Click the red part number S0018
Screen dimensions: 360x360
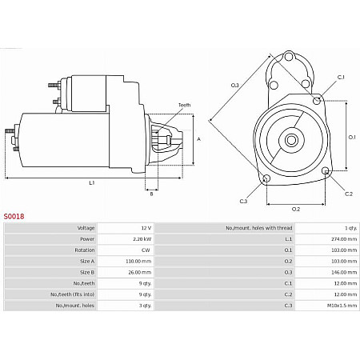click(14, 216)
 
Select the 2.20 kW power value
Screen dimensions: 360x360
click(142, 239)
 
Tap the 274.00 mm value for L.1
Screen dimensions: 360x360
click(344, 239)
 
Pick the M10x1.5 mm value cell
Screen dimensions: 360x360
click(342, 306)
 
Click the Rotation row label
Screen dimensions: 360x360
click(85, 250)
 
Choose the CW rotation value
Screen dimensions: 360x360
click(146, 250)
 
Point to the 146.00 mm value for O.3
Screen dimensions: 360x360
click(344, 272)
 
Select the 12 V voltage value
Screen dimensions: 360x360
click(146, 228)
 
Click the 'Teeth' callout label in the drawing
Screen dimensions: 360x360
click(184, 105)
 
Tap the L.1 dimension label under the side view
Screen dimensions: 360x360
click(92, 183)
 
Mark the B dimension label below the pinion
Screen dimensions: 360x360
click(151, 194)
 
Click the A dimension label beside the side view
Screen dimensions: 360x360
click(198, 139)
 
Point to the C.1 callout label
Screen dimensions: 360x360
click(341, 78)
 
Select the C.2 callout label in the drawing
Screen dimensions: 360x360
click(349, 194)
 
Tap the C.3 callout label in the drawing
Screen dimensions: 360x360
click(243, 201)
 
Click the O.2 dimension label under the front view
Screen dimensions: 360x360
click(296, 209)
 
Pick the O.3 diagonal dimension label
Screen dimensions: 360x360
click(234, 86)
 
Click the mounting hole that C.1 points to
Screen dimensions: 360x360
click(317, 101)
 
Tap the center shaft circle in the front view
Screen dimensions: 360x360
click(291, 140)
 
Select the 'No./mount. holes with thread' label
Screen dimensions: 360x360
click(259, 228)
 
